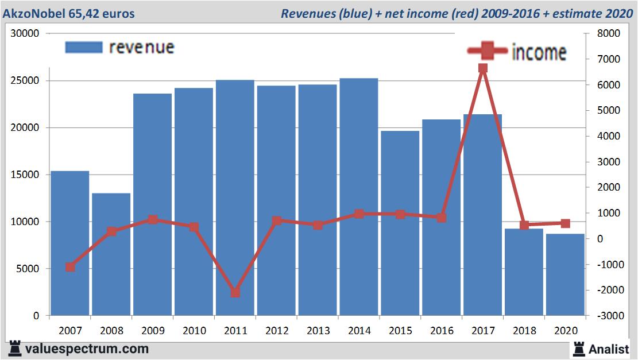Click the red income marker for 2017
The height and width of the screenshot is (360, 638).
482,68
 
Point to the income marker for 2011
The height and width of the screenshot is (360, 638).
235,292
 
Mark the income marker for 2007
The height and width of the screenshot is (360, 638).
70,267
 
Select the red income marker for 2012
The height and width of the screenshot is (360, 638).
277,220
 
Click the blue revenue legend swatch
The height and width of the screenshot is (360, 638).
84,47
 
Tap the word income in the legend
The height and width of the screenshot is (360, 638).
539,52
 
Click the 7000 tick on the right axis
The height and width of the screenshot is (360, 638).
609,59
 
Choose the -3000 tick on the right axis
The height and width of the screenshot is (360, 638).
609,316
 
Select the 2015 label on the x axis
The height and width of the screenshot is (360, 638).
400,331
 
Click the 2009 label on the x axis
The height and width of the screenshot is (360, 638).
153,331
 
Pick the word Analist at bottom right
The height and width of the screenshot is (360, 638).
609,349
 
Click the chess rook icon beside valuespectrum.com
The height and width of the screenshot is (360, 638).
16,349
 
